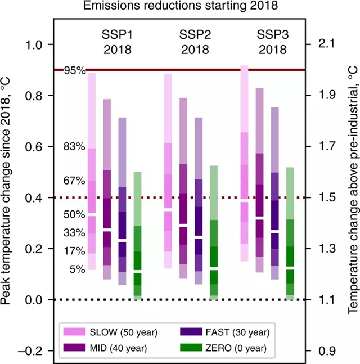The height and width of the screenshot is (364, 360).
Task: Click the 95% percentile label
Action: (x=75, y=71)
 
